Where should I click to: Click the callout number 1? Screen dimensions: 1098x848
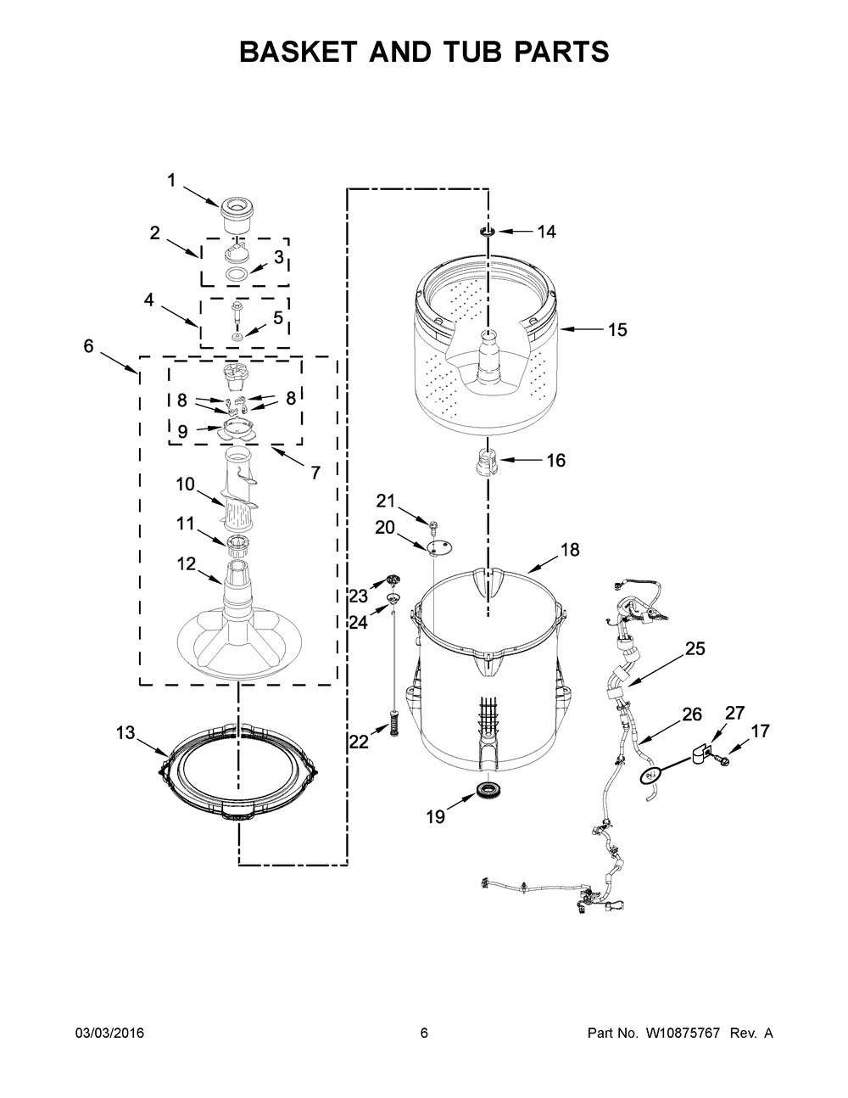[x=171, y=180]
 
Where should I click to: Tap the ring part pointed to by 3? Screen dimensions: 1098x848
[x=237, y=273]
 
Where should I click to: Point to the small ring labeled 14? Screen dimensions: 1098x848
[x=488, y=231]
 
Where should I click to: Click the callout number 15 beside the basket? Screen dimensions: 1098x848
[x=617, y=330]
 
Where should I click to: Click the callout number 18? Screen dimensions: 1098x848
[x=569, y=550]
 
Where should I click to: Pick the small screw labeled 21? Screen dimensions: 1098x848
[x=432, y=527]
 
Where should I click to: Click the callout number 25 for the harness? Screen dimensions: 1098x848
[x=695, y=649]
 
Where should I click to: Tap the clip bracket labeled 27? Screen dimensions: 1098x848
[x=699, y=751]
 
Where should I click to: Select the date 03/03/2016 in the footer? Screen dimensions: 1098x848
[x=110, y=1033]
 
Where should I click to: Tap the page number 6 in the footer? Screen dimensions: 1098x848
[x=424, y=1033]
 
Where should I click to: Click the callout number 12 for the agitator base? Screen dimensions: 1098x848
[x=186, y=563]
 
